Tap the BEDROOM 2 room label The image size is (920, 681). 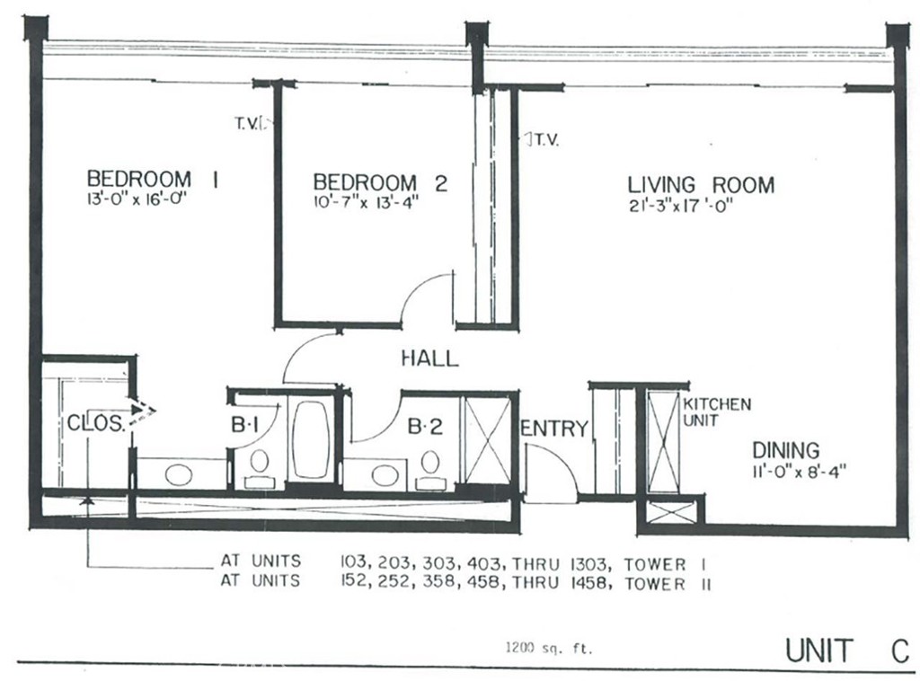coord(373,182)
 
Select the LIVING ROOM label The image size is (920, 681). coord(701,185)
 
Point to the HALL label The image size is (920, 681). coord(429,358)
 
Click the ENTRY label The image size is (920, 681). coord(554,429)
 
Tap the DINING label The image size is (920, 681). coord(786,449)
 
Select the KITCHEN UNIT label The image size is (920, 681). coord(716,412)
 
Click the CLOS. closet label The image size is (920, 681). coord(96,422)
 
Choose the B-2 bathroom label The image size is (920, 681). coord(425,428)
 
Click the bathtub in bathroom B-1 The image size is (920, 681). coord(311,438)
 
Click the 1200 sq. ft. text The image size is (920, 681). coord(548,646)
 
